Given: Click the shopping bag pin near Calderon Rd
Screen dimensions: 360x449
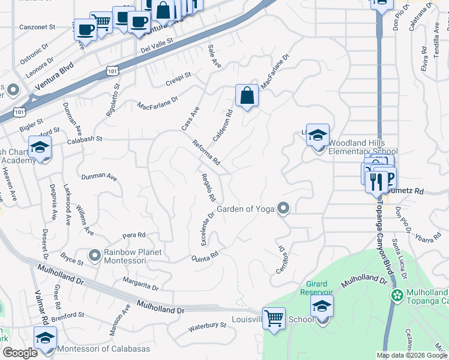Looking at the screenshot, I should pyautogui.click(x=247, y=95).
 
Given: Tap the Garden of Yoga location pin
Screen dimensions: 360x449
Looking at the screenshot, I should pyautogui.click(x=284, y=208).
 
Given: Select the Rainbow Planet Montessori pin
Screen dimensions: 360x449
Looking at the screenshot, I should pyautogui.click(x=94, y=256).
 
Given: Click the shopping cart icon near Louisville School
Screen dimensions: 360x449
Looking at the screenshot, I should pyautogui.click(x=274, y=318).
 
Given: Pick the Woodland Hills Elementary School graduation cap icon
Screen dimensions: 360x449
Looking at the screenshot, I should pyautogui.click(x=318, y=135).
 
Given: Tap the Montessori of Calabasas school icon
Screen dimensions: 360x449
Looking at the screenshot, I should pyautogui.click(x=45, y=338).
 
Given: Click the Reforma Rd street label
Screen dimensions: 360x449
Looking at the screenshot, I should pyautogui.click(x=206, y=152).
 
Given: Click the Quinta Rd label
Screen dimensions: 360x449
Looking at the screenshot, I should pyautogui.click(x=203, y=257).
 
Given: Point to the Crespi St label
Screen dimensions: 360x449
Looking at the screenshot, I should pyautogui.click(x=179, y=79).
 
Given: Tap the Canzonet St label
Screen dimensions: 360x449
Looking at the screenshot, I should pyautogui.click(x=37, y=27).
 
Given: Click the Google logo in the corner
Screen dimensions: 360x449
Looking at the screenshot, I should pyautogui.click(x=20, y=353).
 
